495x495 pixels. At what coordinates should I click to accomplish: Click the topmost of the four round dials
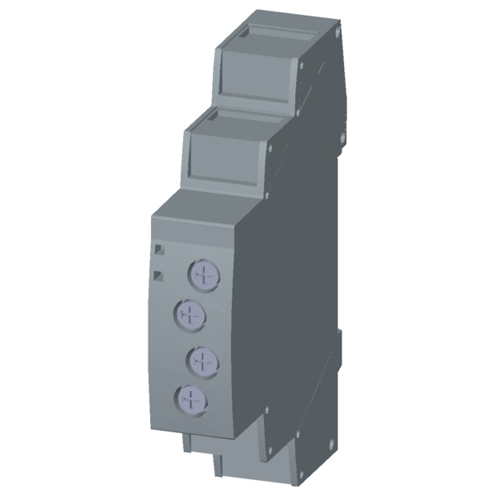pos(202,272)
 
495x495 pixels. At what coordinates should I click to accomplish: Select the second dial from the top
pos(190,313)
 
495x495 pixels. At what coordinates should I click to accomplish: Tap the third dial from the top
pos(202,359)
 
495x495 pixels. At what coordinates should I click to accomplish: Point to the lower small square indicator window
pos(159,273)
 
